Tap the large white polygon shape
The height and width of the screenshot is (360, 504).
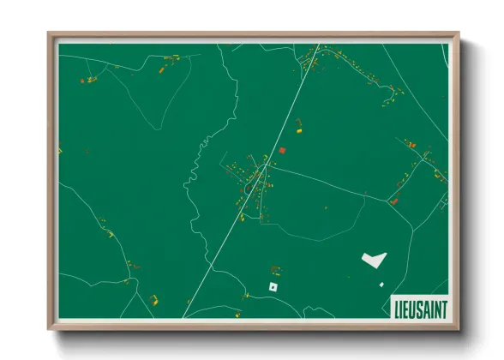(x=373, y=257)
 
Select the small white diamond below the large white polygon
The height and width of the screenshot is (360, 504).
(x=381, y=284)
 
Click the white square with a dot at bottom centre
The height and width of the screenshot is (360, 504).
(x=273, y=286)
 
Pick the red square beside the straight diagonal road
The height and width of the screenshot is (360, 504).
(x=281, y=150)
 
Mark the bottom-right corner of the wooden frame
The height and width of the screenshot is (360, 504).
(x=459, y=328)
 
